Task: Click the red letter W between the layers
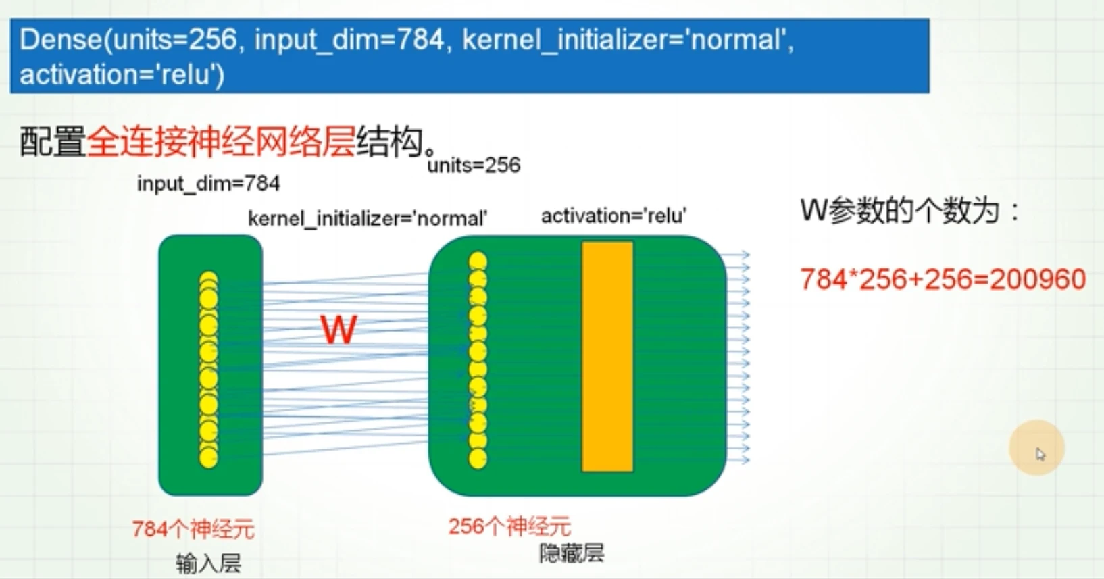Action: [338, 329]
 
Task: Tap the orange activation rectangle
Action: [607, 356]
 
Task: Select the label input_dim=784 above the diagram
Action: [209, 184]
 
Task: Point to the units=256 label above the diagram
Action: [474, 165]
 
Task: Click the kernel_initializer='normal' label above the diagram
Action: [368, 218]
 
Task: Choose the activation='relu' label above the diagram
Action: [613, 216]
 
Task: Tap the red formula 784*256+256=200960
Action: [943, 280]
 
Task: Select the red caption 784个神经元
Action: [193, 529]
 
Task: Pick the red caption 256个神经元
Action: [509, 526]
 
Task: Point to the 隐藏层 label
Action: [572, 553]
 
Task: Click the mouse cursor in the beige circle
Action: [1040, 454]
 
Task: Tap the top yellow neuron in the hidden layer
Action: [478, 261]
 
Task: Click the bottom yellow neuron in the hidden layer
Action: [478, 459]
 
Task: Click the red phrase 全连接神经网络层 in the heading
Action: [221, 142]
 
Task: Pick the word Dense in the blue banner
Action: [61, 39]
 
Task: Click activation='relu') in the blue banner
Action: [122, 75]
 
